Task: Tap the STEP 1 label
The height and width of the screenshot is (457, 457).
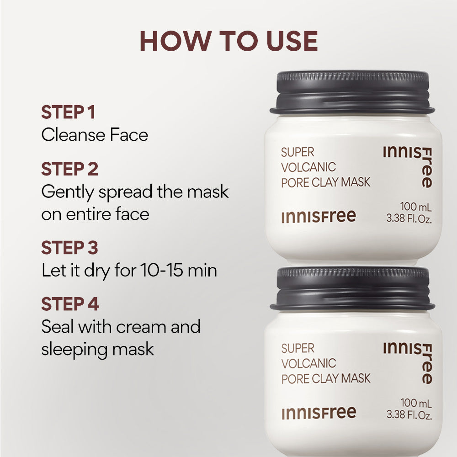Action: tap(68, 112)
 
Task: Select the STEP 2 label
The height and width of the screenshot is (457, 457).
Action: tap(69, 169)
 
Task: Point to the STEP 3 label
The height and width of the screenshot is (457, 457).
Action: tap(69, 248)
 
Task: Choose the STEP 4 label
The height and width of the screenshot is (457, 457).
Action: tap(70, 304)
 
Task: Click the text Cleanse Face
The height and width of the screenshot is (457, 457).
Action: tap(95, 135)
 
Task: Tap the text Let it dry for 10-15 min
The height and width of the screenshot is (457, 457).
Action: tap(129, 271)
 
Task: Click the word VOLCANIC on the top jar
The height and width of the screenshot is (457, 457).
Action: tap(308, 167)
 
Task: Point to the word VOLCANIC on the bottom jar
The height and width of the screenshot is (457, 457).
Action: tap(308, 363)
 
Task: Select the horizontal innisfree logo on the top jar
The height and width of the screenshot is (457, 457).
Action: tap(319, 216)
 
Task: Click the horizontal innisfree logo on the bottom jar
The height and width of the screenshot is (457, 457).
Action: tap(319, 413)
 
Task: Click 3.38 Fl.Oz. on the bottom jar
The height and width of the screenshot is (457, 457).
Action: tap(409, 415)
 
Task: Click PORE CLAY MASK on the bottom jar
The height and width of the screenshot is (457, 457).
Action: tap(326, 378)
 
